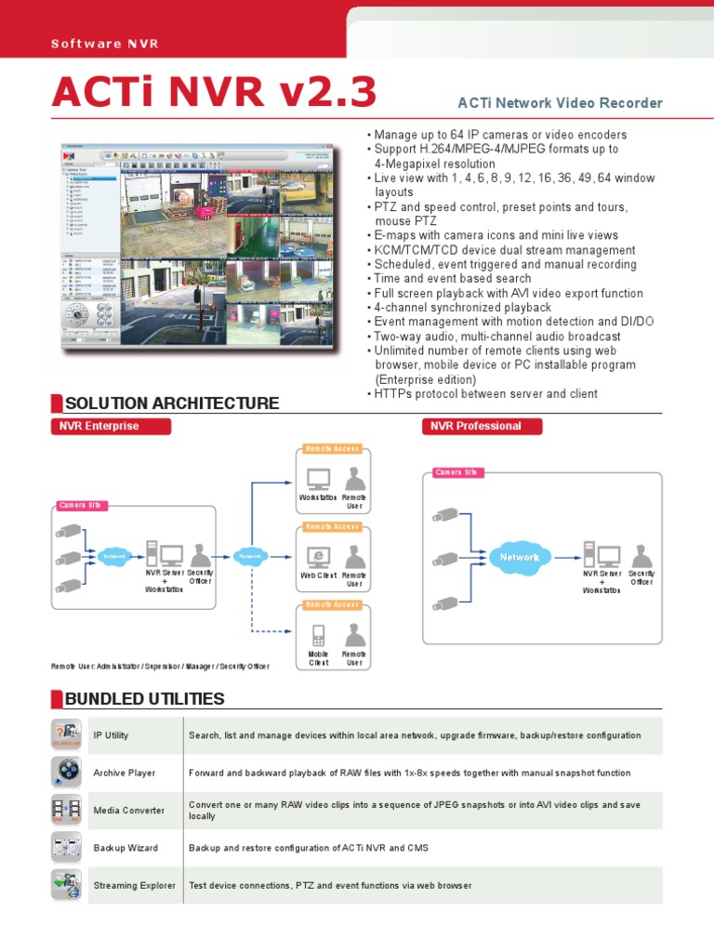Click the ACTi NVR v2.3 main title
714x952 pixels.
pos(214,93)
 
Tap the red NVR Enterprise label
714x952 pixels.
pos(110,426)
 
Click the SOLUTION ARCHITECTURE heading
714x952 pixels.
pos(171,403)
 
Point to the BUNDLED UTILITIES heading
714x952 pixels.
pos(144,698)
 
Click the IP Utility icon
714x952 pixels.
pos(67,735)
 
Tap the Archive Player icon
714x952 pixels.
pos(67,773)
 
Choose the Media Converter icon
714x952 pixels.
pos(67,811)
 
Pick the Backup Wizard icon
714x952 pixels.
pos(67,848)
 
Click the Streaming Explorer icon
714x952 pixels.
pos(67,885)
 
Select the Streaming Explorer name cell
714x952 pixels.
pos(135,885)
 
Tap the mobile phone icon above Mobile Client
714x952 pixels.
pos(318,636)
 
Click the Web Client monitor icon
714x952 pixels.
pos(318,557)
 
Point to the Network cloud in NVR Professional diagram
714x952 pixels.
pos(519,557)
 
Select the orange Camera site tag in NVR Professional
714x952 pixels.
pos(456,472)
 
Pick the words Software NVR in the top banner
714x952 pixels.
pos(99,44)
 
